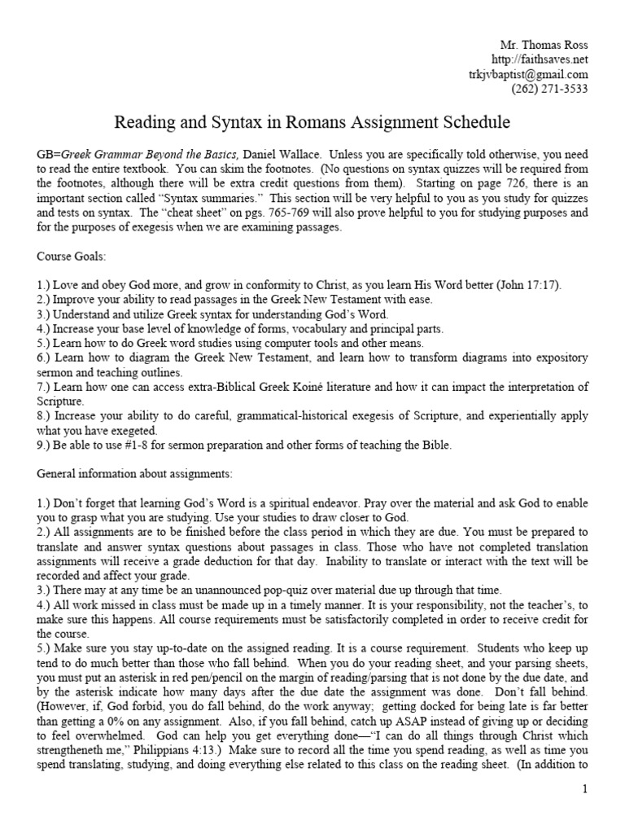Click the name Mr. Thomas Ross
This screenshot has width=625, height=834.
point(543,44)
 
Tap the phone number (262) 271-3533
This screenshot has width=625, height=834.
point(549,90)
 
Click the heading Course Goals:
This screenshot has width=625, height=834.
point(70,258)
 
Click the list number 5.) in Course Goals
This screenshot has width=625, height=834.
point(44,343)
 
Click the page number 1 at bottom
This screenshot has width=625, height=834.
point(584,789)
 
